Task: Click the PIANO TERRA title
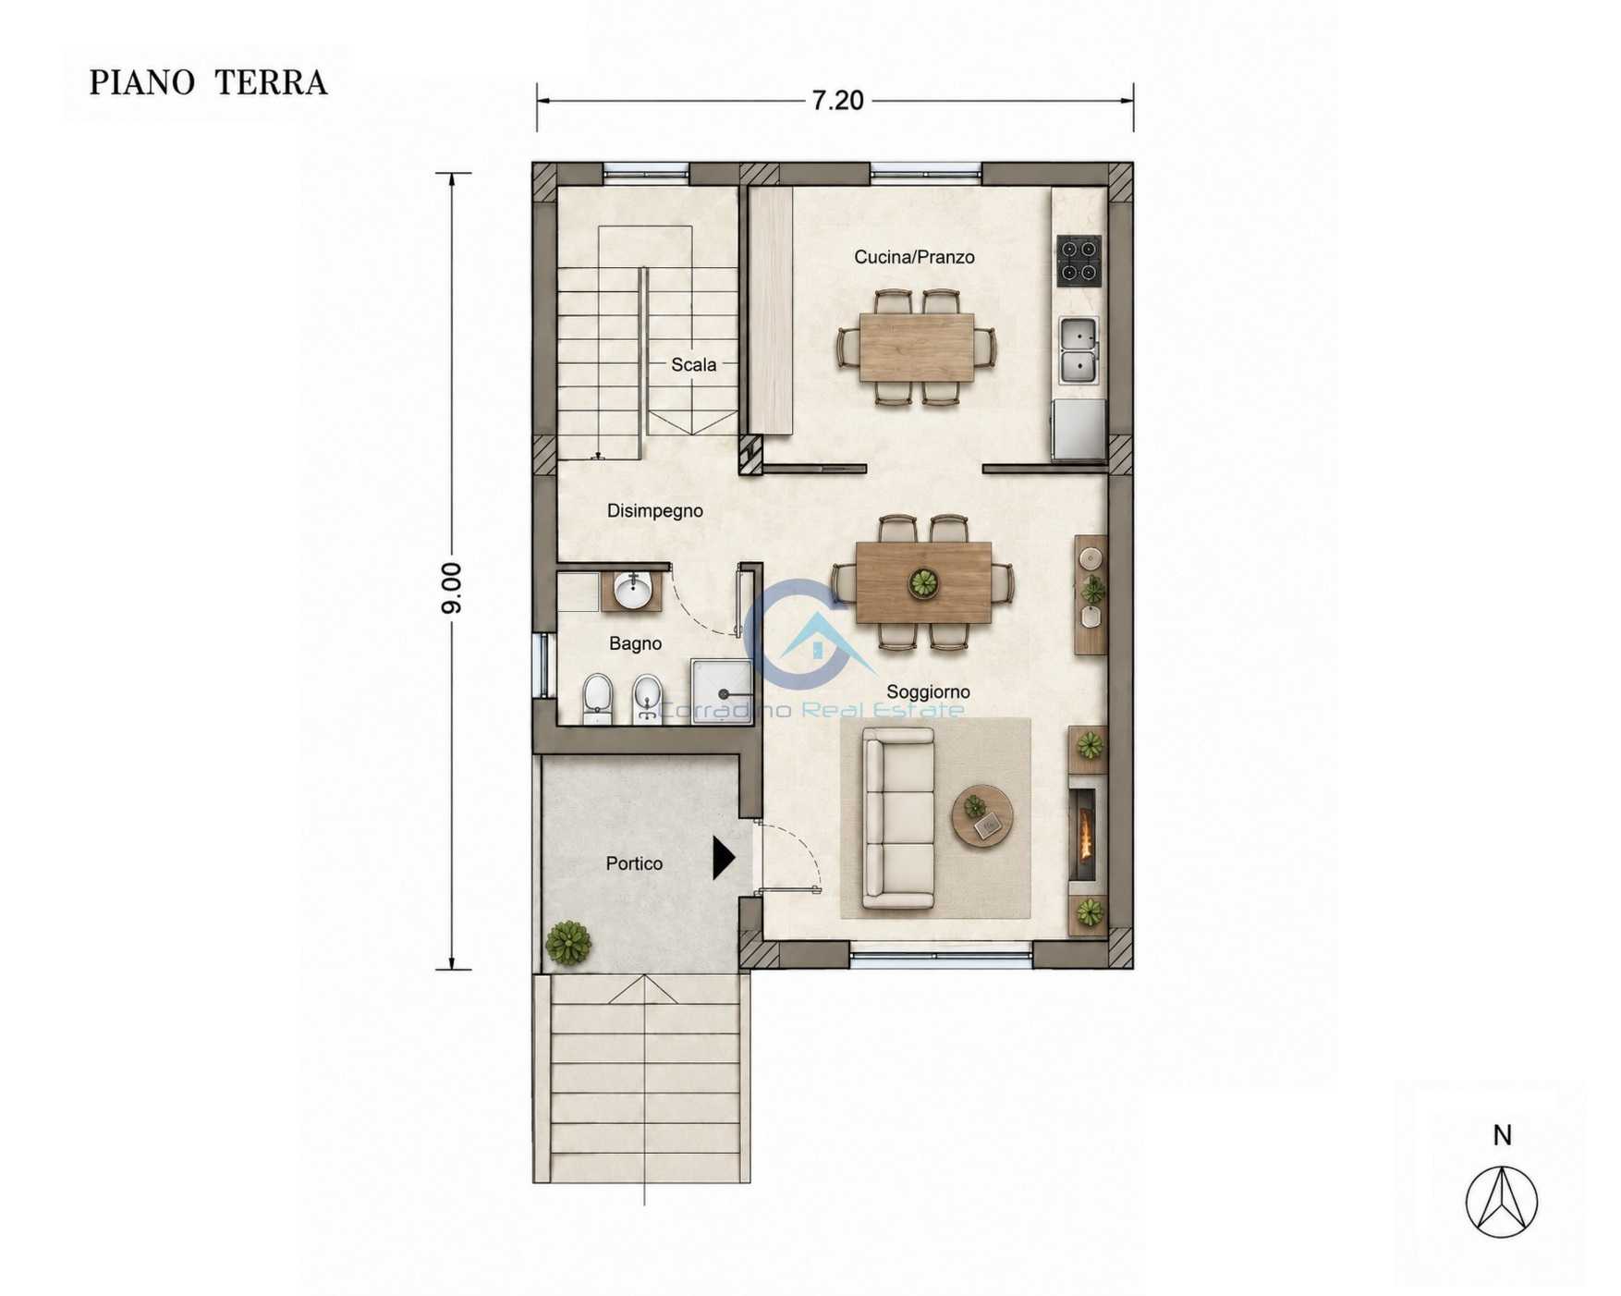coord(208,82)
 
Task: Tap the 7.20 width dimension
coord(837,100)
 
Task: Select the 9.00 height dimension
coord(452,588)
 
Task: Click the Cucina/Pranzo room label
coord(914,257)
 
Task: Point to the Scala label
coord(693,365)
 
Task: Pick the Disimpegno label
coord(654,510)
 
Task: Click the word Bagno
coord(635,643)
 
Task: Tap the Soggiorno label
coord(928,691)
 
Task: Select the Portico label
coord(634,863)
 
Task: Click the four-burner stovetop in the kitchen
coord(1079,260)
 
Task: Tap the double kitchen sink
coord(1078,349)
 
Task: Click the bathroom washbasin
coord(632,592)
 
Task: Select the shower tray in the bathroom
coord(722,691)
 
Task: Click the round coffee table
coord(982,816)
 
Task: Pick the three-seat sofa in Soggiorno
coord(898,818)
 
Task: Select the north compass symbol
coord(1502,1202)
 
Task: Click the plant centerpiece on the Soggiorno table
coord(922,583)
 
